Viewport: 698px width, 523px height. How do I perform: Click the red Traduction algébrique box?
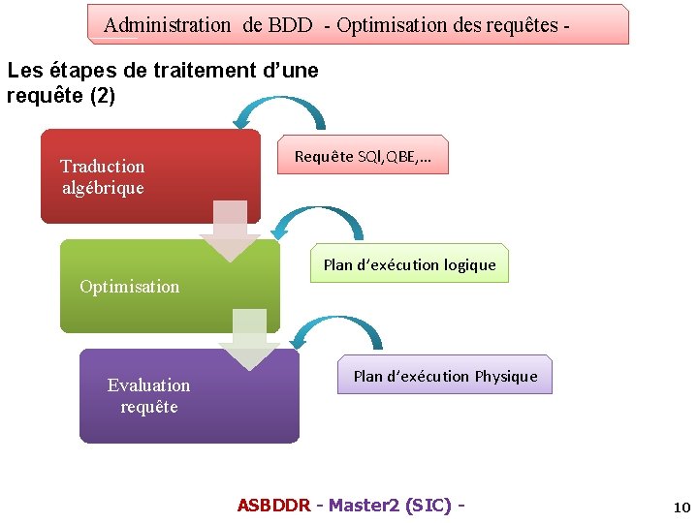150,176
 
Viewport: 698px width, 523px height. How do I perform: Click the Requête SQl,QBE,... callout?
364,155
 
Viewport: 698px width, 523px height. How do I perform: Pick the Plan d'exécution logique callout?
409,264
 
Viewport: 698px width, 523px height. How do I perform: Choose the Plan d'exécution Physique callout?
445,376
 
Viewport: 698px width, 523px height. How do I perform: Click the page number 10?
681,508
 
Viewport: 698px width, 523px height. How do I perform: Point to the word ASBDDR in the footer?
273,506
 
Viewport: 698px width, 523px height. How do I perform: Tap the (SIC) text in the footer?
428,506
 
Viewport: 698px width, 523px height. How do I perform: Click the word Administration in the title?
167,25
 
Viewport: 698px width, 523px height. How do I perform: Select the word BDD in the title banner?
291,25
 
